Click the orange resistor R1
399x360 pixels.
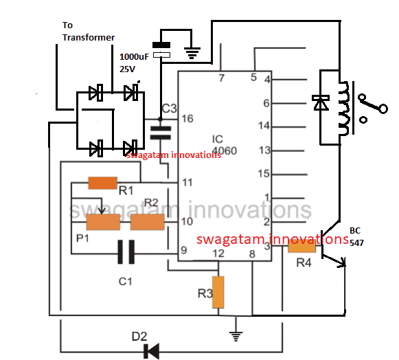pos(102,183)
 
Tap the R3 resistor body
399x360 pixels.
pos(218,292)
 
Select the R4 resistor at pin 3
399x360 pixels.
pos(301,246)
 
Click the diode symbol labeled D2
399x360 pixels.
pos(152,351)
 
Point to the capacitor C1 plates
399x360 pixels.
pos(126,252)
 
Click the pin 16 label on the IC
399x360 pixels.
pos(187,119)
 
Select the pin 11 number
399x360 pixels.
pos(187,182)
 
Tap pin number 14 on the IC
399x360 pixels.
pos(264,126)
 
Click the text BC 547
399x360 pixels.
pos(356,237)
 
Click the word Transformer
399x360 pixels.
pos(89,37)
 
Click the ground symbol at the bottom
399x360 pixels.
pos(236,336)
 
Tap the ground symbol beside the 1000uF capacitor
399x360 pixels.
pos(192,53)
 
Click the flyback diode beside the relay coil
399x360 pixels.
pos(321,102)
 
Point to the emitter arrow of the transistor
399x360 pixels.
pos(337,262)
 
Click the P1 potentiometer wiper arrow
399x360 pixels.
pos(102,205)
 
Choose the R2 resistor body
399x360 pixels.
pos(148,222)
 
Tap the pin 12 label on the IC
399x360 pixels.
pos(218,254)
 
